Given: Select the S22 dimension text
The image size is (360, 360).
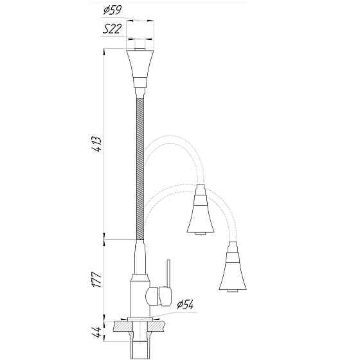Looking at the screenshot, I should [113, 30].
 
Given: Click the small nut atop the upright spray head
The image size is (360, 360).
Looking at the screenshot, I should [140, 45].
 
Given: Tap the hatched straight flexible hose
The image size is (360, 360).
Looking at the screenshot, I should [140, 167].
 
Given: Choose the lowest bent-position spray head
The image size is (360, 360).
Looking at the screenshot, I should [233, 270].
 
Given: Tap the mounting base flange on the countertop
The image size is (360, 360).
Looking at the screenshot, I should [139, 319].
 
